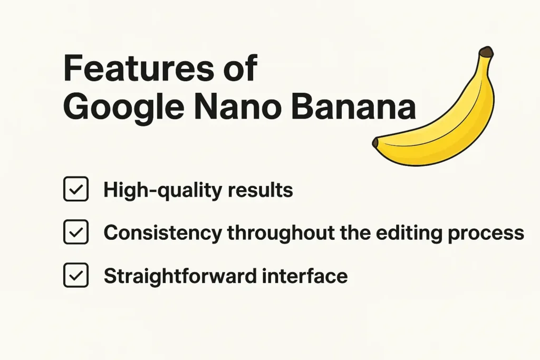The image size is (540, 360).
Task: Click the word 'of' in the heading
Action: pyautogui.click(x=238, y=68)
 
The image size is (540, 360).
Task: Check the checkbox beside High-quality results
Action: pyautogui.click(x=75, y=190)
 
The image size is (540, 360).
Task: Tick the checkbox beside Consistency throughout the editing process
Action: pyautogui.click(x=75, y=232)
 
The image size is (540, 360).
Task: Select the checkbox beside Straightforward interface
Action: pyautogui.click(x=75, y=275)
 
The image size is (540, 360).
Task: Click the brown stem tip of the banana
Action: pyautogui.click(x=485, y=52)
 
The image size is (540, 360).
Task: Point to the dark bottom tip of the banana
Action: pyautogui.click(x=375, y=143)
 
